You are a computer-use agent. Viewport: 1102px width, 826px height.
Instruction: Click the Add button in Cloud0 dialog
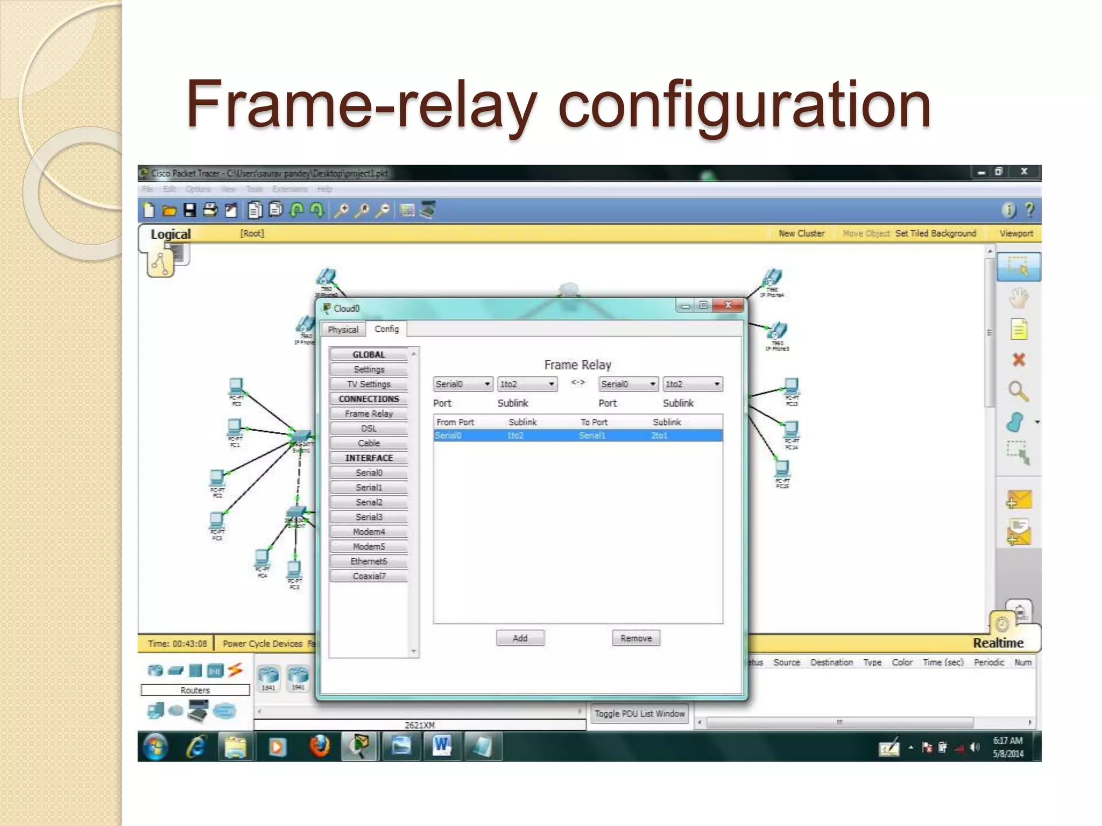click(520, 638)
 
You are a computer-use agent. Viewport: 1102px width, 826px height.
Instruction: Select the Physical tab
click(343, 329)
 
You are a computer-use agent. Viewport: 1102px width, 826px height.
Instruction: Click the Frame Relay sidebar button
click(369, 414)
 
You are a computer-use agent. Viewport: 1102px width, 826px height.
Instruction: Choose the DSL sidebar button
click(369, 428)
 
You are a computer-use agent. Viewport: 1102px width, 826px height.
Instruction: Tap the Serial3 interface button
click(369, 517)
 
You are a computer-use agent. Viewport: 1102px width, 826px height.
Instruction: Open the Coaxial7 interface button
click(369, 576)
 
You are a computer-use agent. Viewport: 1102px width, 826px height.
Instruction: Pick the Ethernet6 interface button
click(369, 561)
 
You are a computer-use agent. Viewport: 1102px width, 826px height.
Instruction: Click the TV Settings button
click(369, 384)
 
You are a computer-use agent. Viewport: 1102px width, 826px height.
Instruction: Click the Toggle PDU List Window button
click(639, 714)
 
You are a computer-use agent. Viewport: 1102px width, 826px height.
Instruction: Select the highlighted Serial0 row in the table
click(577, 436)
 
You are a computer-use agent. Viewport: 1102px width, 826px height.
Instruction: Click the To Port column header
click(594, 422)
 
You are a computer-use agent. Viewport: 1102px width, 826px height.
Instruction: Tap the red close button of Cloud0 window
click(728, 305)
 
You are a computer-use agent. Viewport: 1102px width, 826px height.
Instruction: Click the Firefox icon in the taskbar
click(319, 746)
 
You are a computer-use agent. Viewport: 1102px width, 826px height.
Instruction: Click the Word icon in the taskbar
click(442, 746)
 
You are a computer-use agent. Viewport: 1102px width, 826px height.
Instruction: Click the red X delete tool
click(1018, 360)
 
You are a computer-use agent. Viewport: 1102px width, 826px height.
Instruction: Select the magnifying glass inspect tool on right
click(1018, 391)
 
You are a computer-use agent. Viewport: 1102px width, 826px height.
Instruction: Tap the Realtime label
click(998, 643)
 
